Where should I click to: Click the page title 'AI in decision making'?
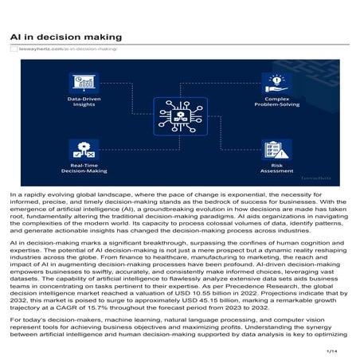66,37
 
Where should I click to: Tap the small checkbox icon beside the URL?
13,49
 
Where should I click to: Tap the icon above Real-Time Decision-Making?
83,147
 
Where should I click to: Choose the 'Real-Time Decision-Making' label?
83,168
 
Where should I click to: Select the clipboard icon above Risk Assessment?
277,149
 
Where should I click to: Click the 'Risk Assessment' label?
277,168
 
